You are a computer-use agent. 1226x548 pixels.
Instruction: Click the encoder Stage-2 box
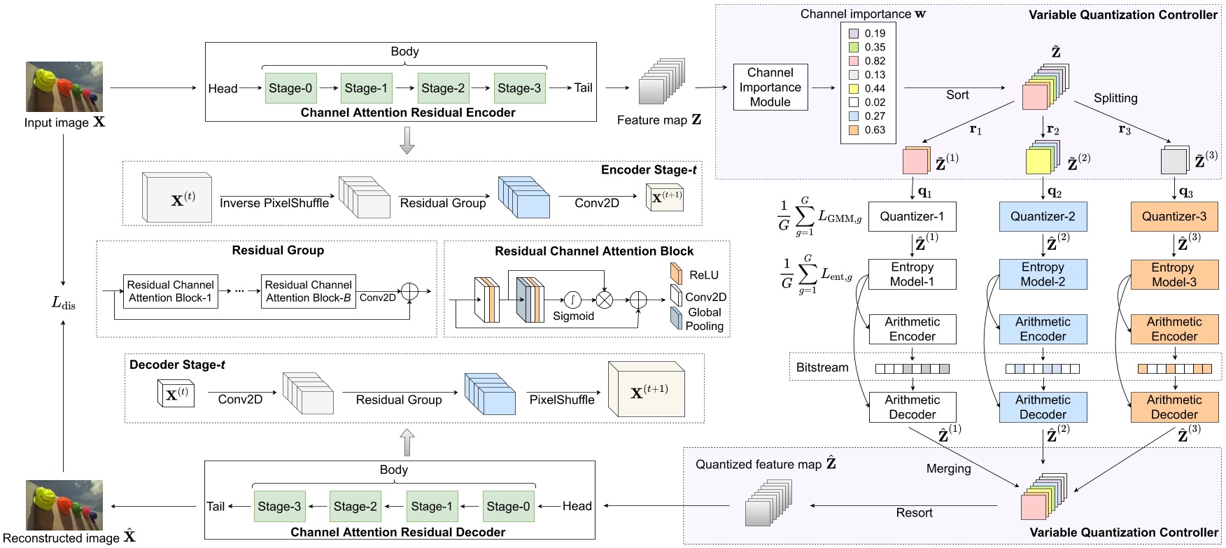coord(443,88)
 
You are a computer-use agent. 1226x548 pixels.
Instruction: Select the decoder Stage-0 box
coord(508,506)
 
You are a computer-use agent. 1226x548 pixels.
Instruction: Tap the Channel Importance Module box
coord(770,87)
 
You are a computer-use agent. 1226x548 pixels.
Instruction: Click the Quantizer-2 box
coord(1043,217)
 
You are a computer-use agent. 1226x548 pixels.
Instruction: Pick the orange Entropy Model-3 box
coord(1174,274)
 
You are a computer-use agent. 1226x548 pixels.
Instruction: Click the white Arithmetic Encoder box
coord(912,329)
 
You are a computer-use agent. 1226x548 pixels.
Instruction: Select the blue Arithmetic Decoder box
coord(1043,407)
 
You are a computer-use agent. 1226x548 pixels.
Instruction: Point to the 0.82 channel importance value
coord(875,61)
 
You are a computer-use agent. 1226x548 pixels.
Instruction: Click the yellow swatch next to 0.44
coord(853,89)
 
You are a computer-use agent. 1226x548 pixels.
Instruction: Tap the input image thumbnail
coord(64,87)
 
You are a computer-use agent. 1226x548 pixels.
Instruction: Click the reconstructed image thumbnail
coord(64,505)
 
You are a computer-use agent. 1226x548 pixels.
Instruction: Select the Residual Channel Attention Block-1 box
coord(170,291)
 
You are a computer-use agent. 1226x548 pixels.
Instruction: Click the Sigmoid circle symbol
coord(572,300)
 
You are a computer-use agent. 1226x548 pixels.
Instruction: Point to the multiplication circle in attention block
coord(604,300)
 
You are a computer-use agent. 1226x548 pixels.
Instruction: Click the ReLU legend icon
coord(676,274)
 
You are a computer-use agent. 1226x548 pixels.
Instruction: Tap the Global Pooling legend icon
coord(675,318)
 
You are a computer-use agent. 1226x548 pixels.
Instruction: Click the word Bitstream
coord(822,367)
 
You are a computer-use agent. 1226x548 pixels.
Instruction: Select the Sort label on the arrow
coord(957,95)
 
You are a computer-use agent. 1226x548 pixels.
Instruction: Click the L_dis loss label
coord(64,303)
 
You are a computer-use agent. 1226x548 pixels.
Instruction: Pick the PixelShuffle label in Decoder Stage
coord(561,400)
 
